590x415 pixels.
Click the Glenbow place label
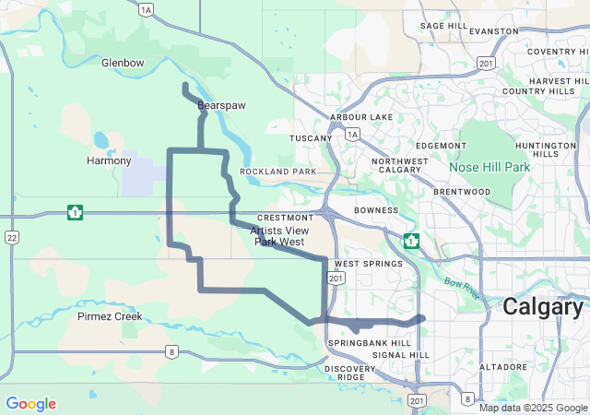123,63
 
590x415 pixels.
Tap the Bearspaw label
221,106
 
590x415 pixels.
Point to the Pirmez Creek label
110,316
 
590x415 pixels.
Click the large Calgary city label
545,308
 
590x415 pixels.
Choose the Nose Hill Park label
490,167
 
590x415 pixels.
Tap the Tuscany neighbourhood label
310,138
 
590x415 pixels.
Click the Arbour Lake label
361,117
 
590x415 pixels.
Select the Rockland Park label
277,172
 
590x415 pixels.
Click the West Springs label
369,264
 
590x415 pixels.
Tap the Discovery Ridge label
350,373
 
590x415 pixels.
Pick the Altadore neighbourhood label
503,366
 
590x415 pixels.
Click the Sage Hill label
441,26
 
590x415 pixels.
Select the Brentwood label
462,192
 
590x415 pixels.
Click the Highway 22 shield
12,238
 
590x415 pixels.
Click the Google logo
30,404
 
